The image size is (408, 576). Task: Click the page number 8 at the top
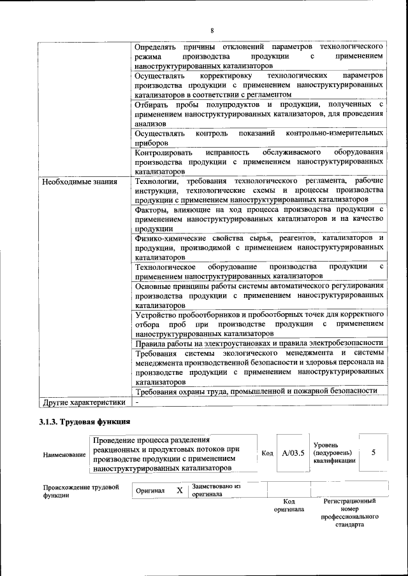[x=212, y=30]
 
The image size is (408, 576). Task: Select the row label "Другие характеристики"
[x=83, y=402]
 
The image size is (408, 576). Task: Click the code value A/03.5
[x=293, y=453]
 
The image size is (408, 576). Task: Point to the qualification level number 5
[x=374, y=452]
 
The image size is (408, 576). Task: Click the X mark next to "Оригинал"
[x=180, y=491]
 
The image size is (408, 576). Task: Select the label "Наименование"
[x=64, y=455]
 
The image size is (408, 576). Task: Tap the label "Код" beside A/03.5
[x=268, y=453]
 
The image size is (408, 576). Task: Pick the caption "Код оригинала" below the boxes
[x=289, y=505]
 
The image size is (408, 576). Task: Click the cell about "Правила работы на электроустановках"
[x=259, y=344]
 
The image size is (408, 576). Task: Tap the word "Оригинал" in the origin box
[x=150, y=491]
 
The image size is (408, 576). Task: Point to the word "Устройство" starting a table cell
[x=157, y=314]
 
